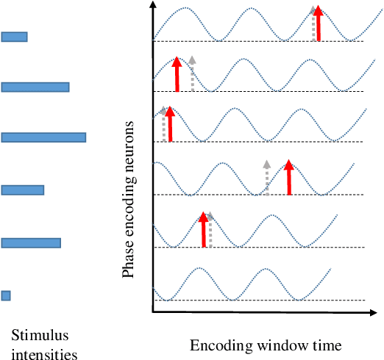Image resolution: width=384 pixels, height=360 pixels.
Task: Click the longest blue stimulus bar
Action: (43, 137)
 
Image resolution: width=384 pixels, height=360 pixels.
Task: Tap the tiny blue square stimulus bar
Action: (6, 295)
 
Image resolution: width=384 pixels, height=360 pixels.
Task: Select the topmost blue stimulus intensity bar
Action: (15, 37)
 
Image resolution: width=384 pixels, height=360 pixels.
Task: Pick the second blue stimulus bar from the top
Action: (35, 87)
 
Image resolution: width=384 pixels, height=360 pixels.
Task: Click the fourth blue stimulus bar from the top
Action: (23, 190)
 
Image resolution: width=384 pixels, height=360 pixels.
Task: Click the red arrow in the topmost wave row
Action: (318, 24)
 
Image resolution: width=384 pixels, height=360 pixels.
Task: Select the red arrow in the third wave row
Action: (170, 124)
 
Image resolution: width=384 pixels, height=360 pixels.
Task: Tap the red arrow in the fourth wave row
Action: (289, 178)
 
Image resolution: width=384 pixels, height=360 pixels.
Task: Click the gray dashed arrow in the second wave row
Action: (192, 73)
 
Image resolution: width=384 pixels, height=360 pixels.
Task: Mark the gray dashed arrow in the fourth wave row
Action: (267, 177)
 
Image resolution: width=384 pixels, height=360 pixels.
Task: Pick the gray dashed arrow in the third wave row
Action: (163, 123)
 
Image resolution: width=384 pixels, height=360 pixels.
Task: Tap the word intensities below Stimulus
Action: (43, 353)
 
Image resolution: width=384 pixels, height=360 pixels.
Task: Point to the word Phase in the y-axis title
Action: (129, 262)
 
